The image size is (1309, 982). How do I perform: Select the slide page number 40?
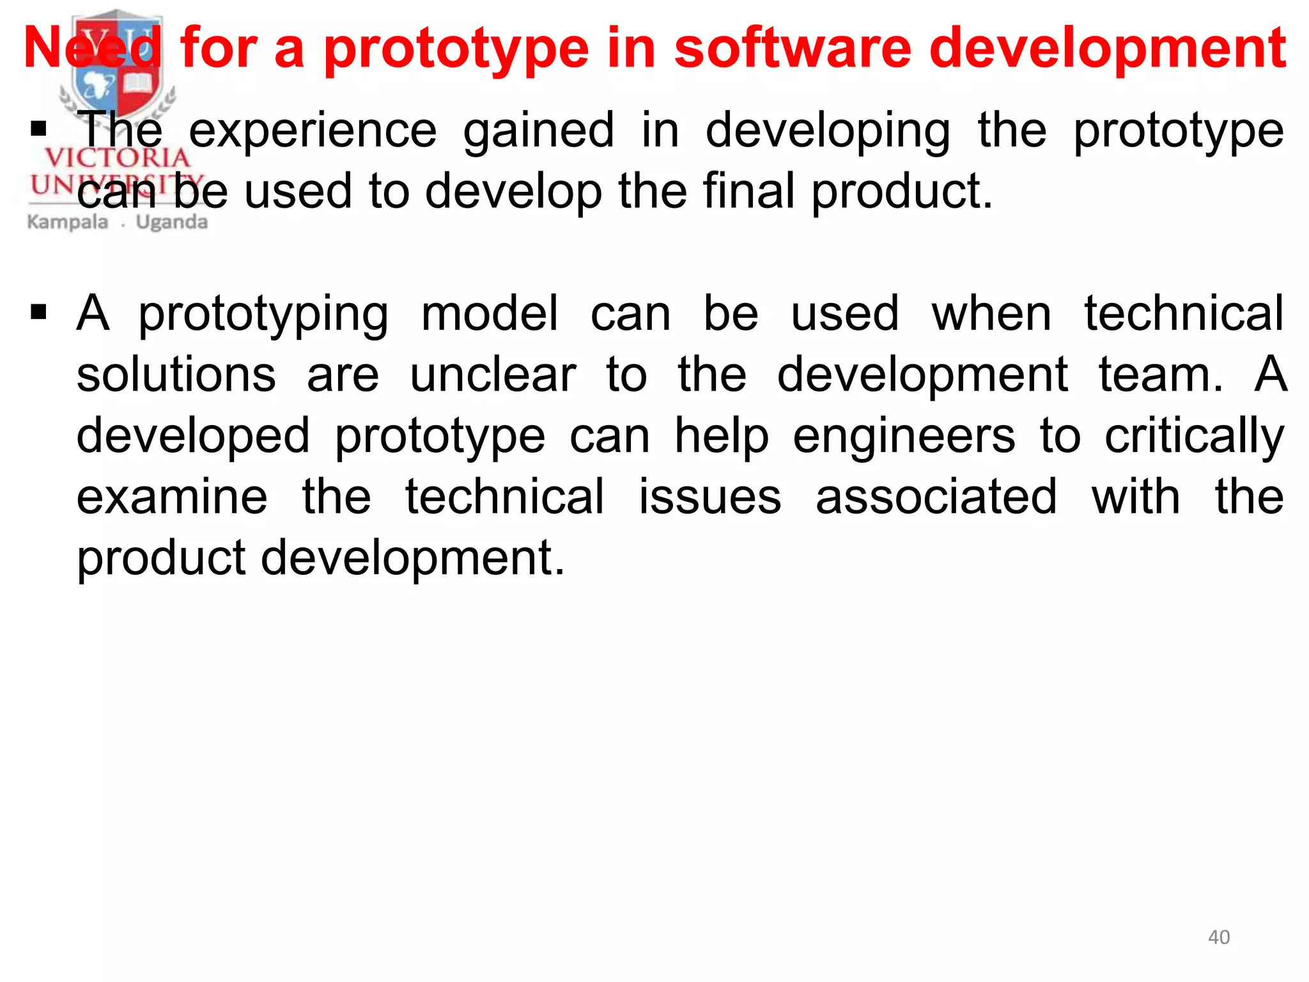[1219, 937]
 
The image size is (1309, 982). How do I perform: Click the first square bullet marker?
[39, 130]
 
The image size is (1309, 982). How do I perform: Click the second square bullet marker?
[39, 313]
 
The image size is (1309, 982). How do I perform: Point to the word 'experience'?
[313, 131]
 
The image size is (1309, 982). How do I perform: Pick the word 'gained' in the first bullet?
[539, 131]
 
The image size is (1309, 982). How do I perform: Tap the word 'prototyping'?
[263, 315]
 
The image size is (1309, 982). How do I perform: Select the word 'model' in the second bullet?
[490, 313]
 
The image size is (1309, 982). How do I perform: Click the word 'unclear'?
[493, 375]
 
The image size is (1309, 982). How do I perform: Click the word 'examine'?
[172, 497]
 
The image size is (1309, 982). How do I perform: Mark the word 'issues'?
[710, 497]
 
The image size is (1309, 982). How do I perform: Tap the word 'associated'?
[936, 497]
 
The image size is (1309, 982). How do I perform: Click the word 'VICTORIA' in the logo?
[117, 157]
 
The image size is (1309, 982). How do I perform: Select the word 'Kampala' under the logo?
[68, 222]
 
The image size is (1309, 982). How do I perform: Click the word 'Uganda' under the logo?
[172, 222]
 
